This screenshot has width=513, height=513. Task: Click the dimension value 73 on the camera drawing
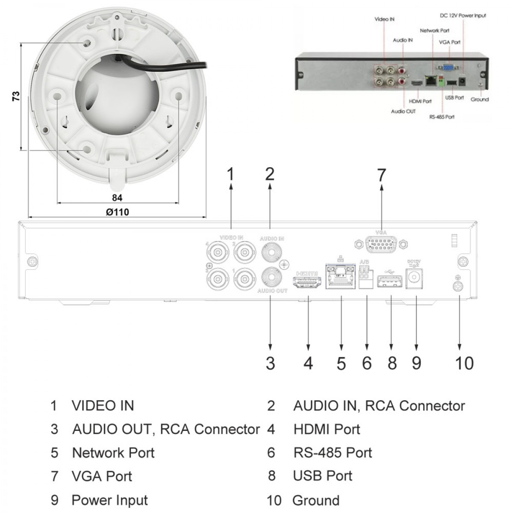click(x=16, y=96)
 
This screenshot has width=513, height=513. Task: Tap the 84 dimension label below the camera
click(x=117, y=198)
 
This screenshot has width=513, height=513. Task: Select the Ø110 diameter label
click(x=117, y=212)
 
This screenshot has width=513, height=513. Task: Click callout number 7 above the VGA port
click(x=381, y=175)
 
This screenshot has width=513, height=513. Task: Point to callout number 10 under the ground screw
click(x=464, y=363)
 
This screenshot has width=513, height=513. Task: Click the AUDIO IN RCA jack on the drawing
click(x=272, y=252)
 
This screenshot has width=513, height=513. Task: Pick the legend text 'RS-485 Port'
click(x=333, y=452)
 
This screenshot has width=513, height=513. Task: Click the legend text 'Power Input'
click(x=109, y=500)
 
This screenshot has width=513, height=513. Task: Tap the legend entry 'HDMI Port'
click(x=327, y=429)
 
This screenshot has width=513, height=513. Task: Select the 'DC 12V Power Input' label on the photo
click(x=463, y=16)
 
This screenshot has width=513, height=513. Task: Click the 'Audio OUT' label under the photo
click(x=403, y=111)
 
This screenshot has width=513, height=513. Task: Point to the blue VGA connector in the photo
click(x=448, y=67)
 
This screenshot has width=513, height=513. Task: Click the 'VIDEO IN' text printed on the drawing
click(x=231, y=237)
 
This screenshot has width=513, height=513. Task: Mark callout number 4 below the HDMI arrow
click(x=308, y=363)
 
